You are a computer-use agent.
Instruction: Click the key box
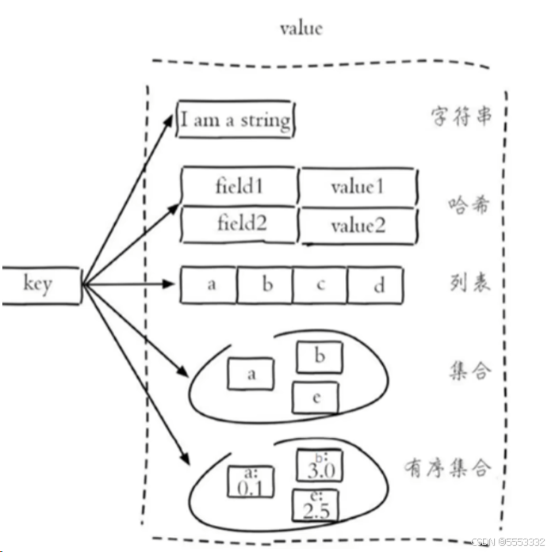click(x=40, y=285)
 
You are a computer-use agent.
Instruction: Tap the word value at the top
click(x=301, y=29)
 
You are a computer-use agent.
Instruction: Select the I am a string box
click(x=235, y=121)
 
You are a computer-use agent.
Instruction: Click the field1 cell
click(x=239, y=187)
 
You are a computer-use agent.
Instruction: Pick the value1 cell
click(x=358, y=187)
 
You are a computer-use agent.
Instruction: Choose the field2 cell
click(x=239, y=225)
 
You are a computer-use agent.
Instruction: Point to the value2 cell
click(x=358, y=226)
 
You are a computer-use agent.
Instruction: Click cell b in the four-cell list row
click(x=266, y=285)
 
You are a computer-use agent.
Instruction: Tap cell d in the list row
click(x=376, y=285)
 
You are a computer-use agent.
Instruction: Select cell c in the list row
click(x=320, y=285)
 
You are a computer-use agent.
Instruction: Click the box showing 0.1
click(x=250, y=482)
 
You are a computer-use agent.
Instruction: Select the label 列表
click(x=468, y=282)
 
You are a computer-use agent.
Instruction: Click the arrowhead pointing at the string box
click(x=169, y=119)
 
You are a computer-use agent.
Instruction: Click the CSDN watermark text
click(x=507, y=542)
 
